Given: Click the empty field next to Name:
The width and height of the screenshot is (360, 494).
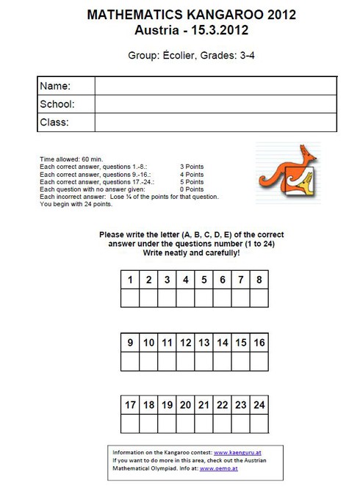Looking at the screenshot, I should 215,86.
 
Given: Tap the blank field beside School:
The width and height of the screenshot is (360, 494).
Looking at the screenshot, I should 215,103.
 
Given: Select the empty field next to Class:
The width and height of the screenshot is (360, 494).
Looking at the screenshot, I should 215,122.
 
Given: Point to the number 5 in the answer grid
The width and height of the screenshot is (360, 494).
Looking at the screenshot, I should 204,280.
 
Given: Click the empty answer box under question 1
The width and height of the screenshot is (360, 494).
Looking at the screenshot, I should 130,298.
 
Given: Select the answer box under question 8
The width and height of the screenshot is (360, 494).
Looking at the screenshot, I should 259,298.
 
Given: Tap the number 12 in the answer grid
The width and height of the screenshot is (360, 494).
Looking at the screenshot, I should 186,342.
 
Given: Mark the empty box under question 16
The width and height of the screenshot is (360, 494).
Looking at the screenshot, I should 259,361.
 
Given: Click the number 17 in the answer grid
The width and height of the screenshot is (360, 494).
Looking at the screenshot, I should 130,405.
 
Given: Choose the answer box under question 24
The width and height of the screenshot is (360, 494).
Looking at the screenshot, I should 259,424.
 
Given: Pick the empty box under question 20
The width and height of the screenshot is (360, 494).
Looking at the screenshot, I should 186,424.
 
